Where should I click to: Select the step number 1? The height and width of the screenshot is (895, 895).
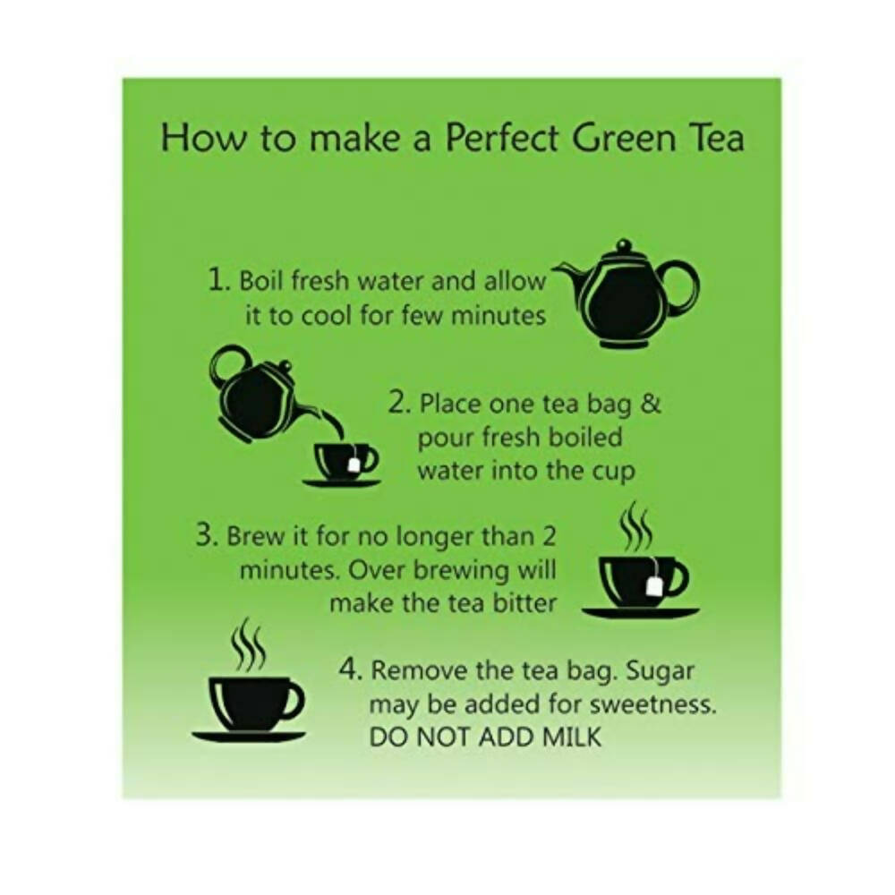click(x=217, y=280)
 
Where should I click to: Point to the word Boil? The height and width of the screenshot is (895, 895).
click(x=259, y=280)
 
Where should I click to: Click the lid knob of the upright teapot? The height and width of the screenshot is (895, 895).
click(x=624, y=244)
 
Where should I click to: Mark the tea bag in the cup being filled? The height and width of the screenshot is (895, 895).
click(x=355, y=464)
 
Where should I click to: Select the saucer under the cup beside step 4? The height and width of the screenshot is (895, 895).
click(x=249, y=737)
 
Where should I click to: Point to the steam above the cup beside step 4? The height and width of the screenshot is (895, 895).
click(x=248, y=644)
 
